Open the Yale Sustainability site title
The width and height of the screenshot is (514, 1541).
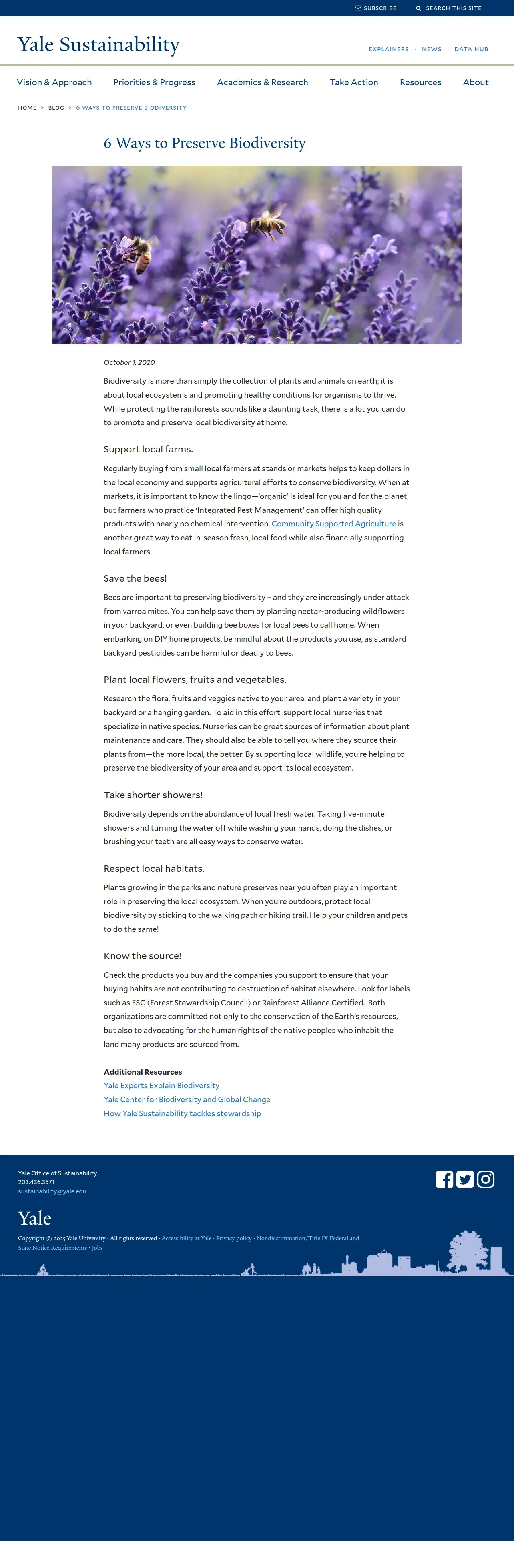[99, 44]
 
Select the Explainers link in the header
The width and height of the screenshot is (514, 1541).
[388, 49]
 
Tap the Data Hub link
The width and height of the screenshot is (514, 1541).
[471, 49]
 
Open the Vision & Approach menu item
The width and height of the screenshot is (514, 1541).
[54, 82]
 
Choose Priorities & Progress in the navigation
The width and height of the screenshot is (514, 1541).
[155, 82]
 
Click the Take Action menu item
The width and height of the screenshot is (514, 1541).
[353, 82]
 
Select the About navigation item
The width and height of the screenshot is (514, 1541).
[476, 82]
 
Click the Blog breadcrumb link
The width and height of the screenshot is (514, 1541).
[56, 108]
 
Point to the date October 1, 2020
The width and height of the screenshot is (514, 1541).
[129, 362]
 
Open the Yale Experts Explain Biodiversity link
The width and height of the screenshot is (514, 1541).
[162, 1085]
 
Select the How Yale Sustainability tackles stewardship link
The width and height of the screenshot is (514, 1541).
[183, 1113]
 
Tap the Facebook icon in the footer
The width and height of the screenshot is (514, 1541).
[444, 1179]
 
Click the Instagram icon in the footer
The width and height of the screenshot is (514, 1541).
[485, 1179]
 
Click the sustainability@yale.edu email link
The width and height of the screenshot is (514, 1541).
[52, 1191]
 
